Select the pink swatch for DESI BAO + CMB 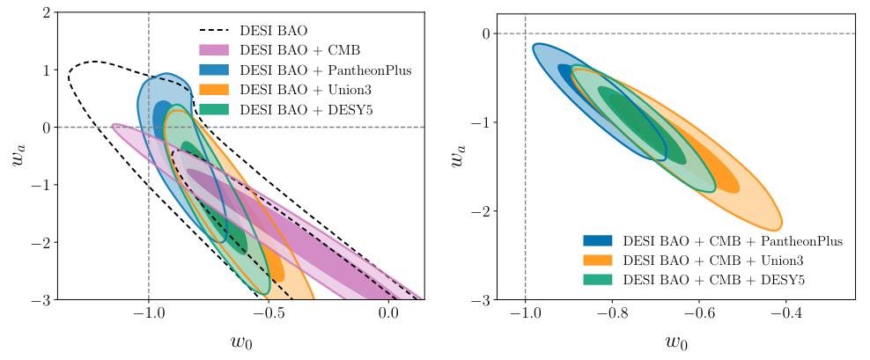click(213, 50)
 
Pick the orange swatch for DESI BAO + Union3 click(213, 89)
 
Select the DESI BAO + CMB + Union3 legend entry click(713, 260)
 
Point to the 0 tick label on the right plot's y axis click(484, 33)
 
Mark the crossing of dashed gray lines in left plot click(148, 127)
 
